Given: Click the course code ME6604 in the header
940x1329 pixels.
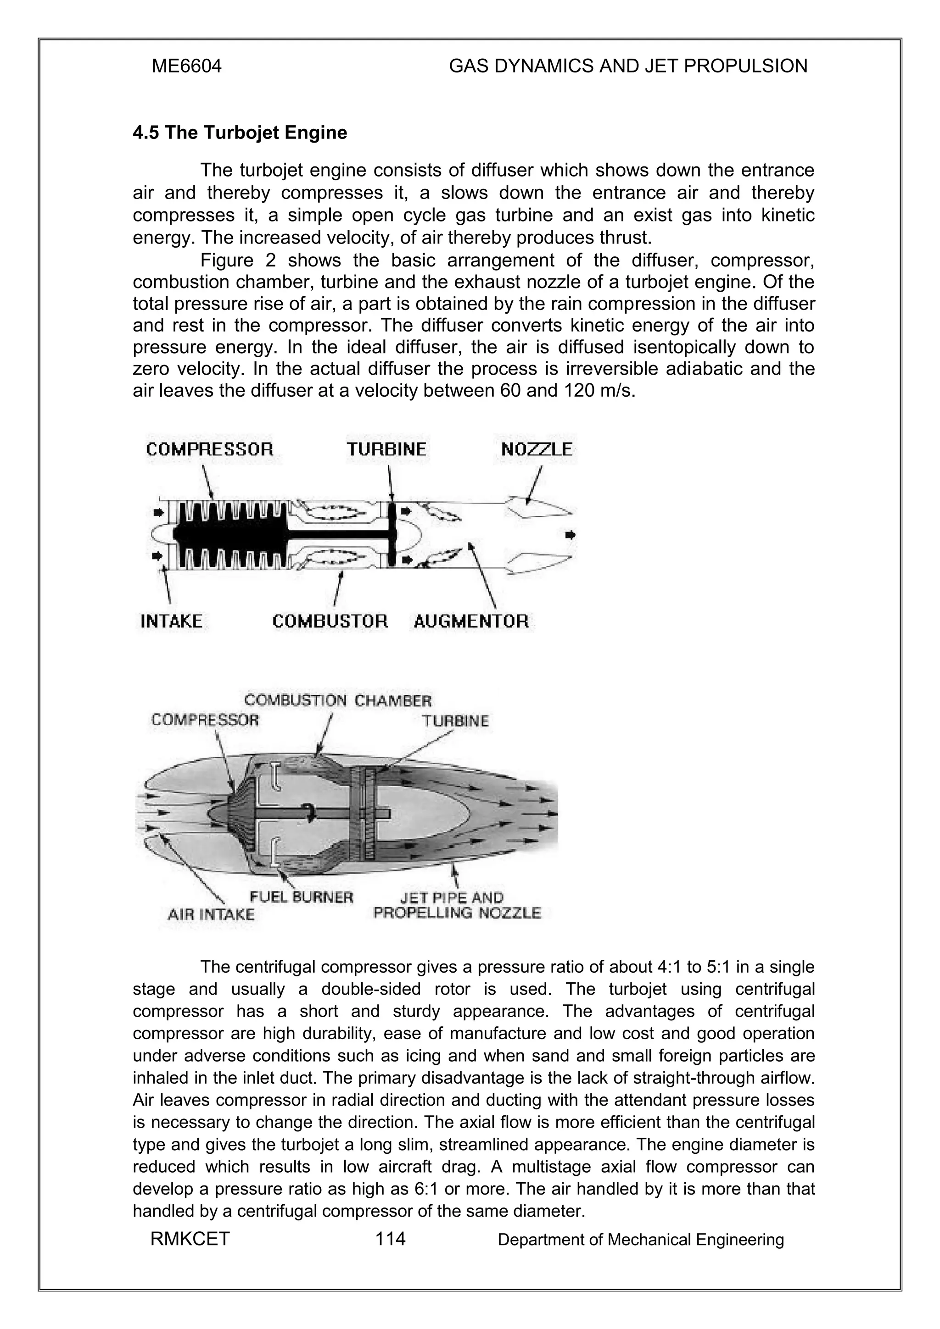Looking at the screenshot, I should point(186,66).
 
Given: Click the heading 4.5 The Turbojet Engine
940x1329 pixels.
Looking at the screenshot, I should point(240,133).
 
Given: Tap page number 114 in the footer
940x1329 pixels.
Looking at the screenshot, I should point(390,1239).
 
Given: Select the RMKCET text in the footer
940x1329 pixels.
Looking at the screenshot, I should point(190,1239).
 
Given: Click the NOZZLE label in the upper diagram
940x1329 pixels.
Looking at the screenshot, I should point(536,449).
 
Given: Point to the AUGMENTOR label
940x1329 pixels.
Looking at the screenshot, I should point(471,622).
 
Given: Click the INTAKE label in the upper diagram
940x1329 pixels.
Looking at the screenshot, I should point(172,622).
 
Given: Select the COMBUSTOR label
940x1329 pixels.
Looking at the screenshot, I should point(330,622).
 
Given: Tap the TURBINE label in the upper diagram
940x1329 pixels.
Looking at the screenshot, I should point(386,449).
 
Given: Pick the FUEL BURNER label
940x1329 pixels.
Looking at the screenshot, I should point(301,897).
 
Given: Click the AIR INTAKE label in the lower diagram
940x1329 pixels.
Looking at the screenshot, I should point(211,914).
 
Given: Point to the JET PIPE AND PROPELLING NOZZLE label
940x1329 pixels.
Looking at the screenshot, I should point(457,905).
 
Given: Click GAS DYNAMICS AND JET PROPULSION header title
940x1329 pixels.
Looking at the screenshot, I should point(628,66).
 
